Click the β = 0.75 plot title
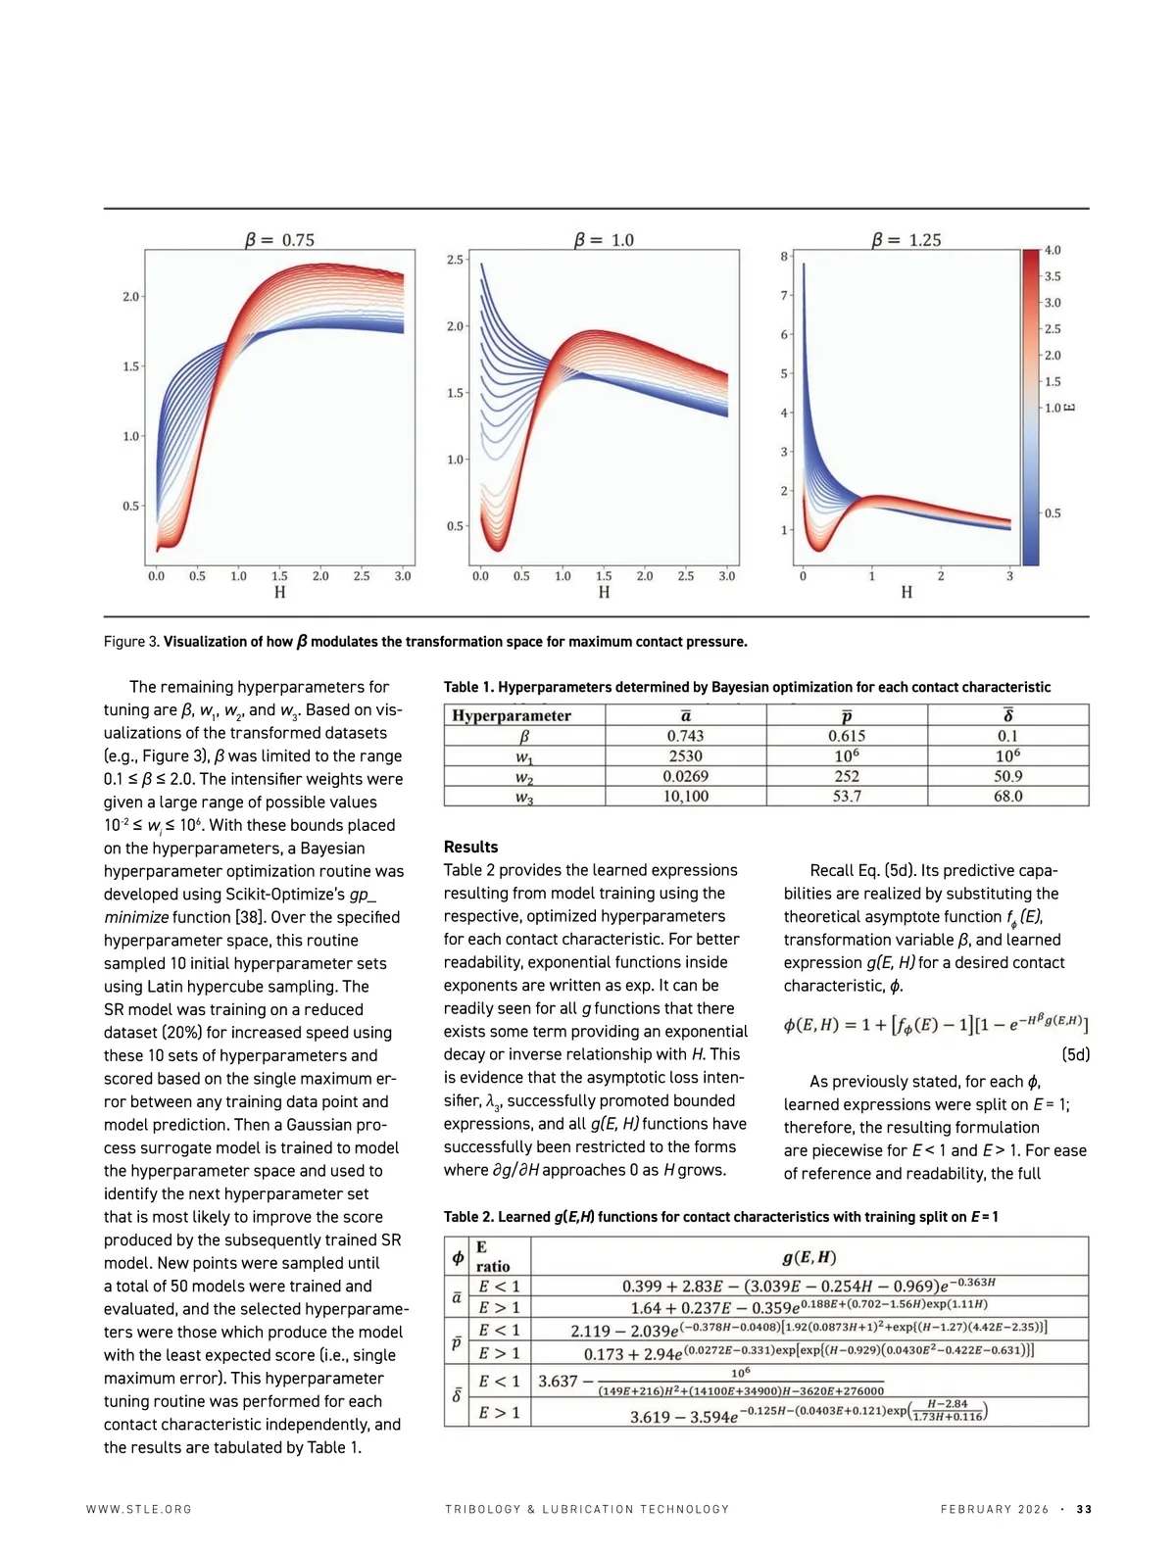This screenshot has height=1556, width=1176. (x=279, y=240)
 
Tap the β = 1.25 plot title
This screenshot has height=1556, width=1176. (x=906, y=240)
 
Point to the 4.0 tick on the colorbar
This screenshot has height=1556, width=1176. (x=1053, y=251)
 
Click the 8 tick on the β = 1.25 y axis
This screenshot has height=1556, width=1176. (x=784, y=257)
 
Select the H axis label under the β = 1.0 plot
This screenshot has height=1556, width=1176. (x=604, y=592)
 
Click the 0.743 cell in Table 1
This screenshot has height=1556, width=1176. (x=685, y=736)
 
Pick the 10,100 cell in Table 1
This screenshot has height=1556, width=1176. (x=685, y=797)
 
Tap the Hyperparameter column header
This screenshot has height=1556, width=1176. (x=512, y=715)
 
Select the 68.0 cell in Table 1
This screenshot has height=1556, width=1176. (x=1007, y=797)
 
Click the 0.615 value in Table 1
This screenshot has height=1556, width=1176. (x=847, y=736)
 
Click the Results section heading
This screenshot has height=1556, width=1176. (x=470, y=847)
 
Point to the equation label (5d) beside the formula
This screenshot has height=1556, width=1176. (x=1075, y=1055)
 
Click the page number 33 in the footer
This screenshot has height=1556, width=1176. (x=1084, y=1509)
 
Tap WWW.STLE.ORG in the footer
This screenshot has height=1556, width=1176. (x=139, y=1509)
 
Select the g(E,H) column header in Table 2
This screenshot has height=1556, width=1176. (x=808, y=1257)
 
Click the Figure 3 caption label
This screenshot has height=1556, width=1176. (x=131, y=642)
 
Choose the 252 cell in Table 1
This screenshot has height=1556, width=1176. (x=847, y=776)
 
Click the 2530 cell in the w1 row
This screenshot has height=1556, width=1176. (x=685, y=756)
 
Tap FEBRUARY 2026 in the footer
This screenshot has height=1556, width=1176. (x=994, y=1509)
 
